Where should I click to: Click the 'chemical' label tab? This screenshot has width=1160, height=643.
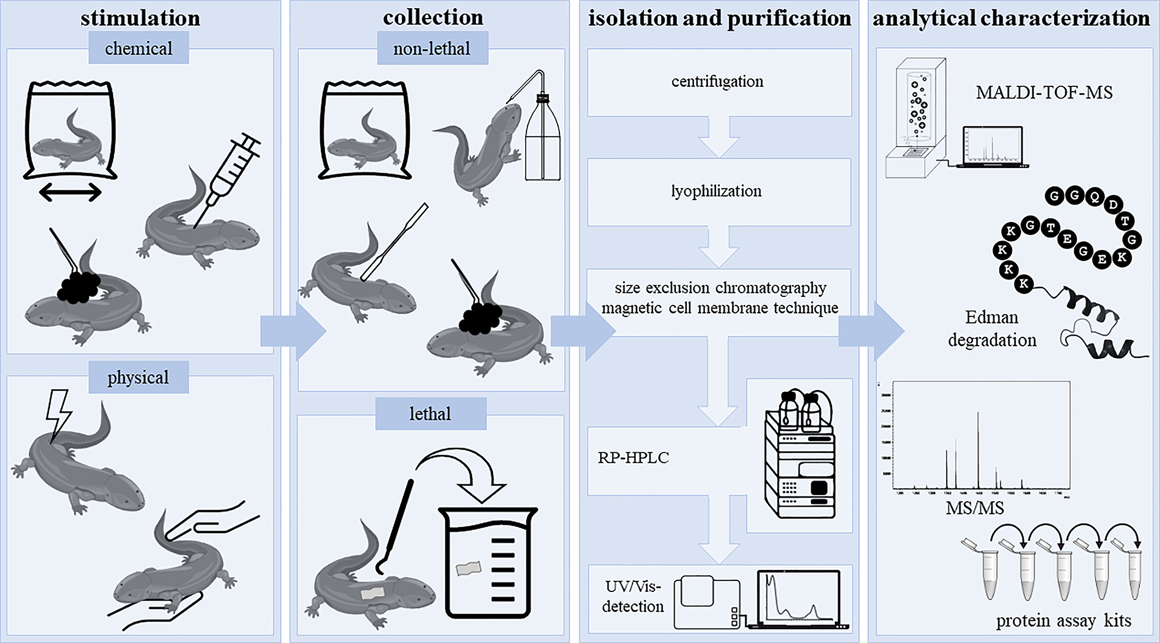(139, 48)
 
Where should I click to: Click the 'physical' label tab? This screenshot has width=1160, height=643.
(138, 377)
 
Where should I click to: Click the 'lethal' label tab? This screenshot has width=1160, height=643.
(430, 413)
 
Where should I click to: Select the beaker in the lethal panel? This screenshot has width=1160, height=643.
(488, 562)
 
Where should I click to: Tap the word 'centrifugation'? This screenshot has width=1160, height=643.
(717, 82)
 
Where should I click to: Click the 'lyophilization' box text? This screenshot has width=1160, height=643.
(717, 191)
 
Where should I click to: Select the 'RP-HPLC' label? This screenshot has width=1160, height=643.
(633, 458)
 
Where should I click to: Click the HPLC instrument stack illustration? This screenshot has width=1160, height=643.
(800, 458)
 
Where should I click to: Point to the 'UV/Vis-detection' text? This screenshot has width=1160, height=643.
(632, 597)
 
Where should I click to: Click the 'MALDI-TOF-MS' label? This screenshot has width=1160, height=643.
(1044, 93)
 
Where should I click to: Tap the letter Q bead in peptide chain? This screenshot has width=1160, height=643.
(1094, 197)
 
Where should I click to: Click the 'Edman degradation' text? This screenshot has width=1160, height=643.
(992, 328)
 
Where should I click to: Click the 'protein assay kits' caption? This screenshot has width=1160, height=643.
(1063, 621)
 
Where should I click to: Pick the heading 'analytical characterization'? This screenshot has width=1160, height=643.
(1011, 18)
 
